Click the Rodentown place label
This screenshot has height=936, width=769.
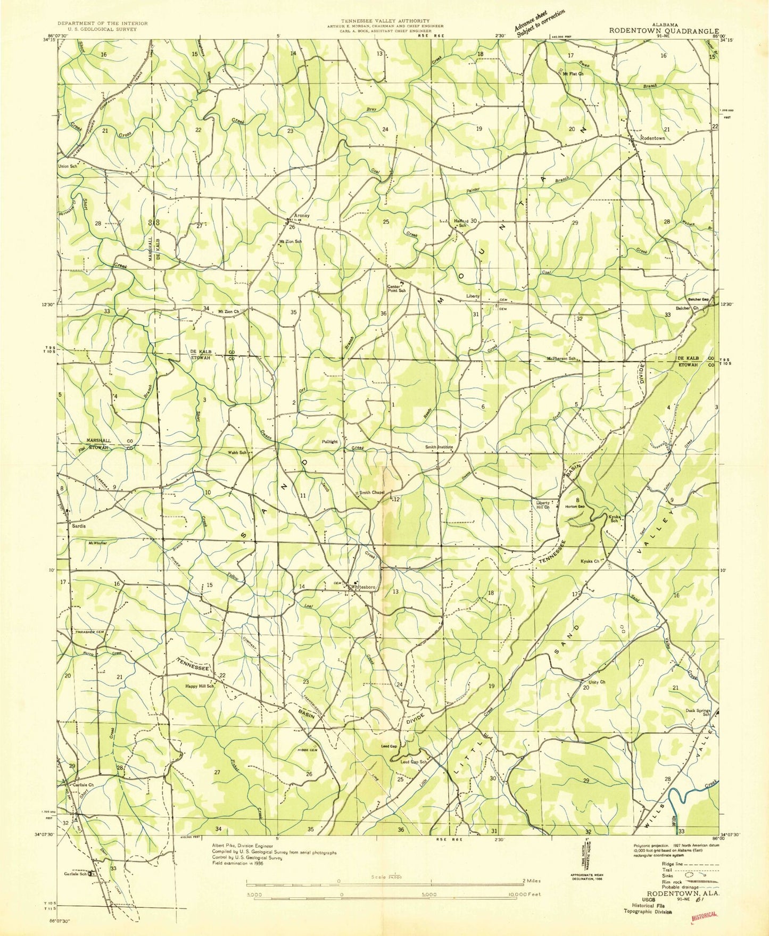tap(652, 138)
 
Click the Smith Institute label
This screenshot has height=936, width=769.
tap(439, 447)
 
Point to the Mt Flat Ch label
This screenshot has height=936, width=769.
tap(573, 74)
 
